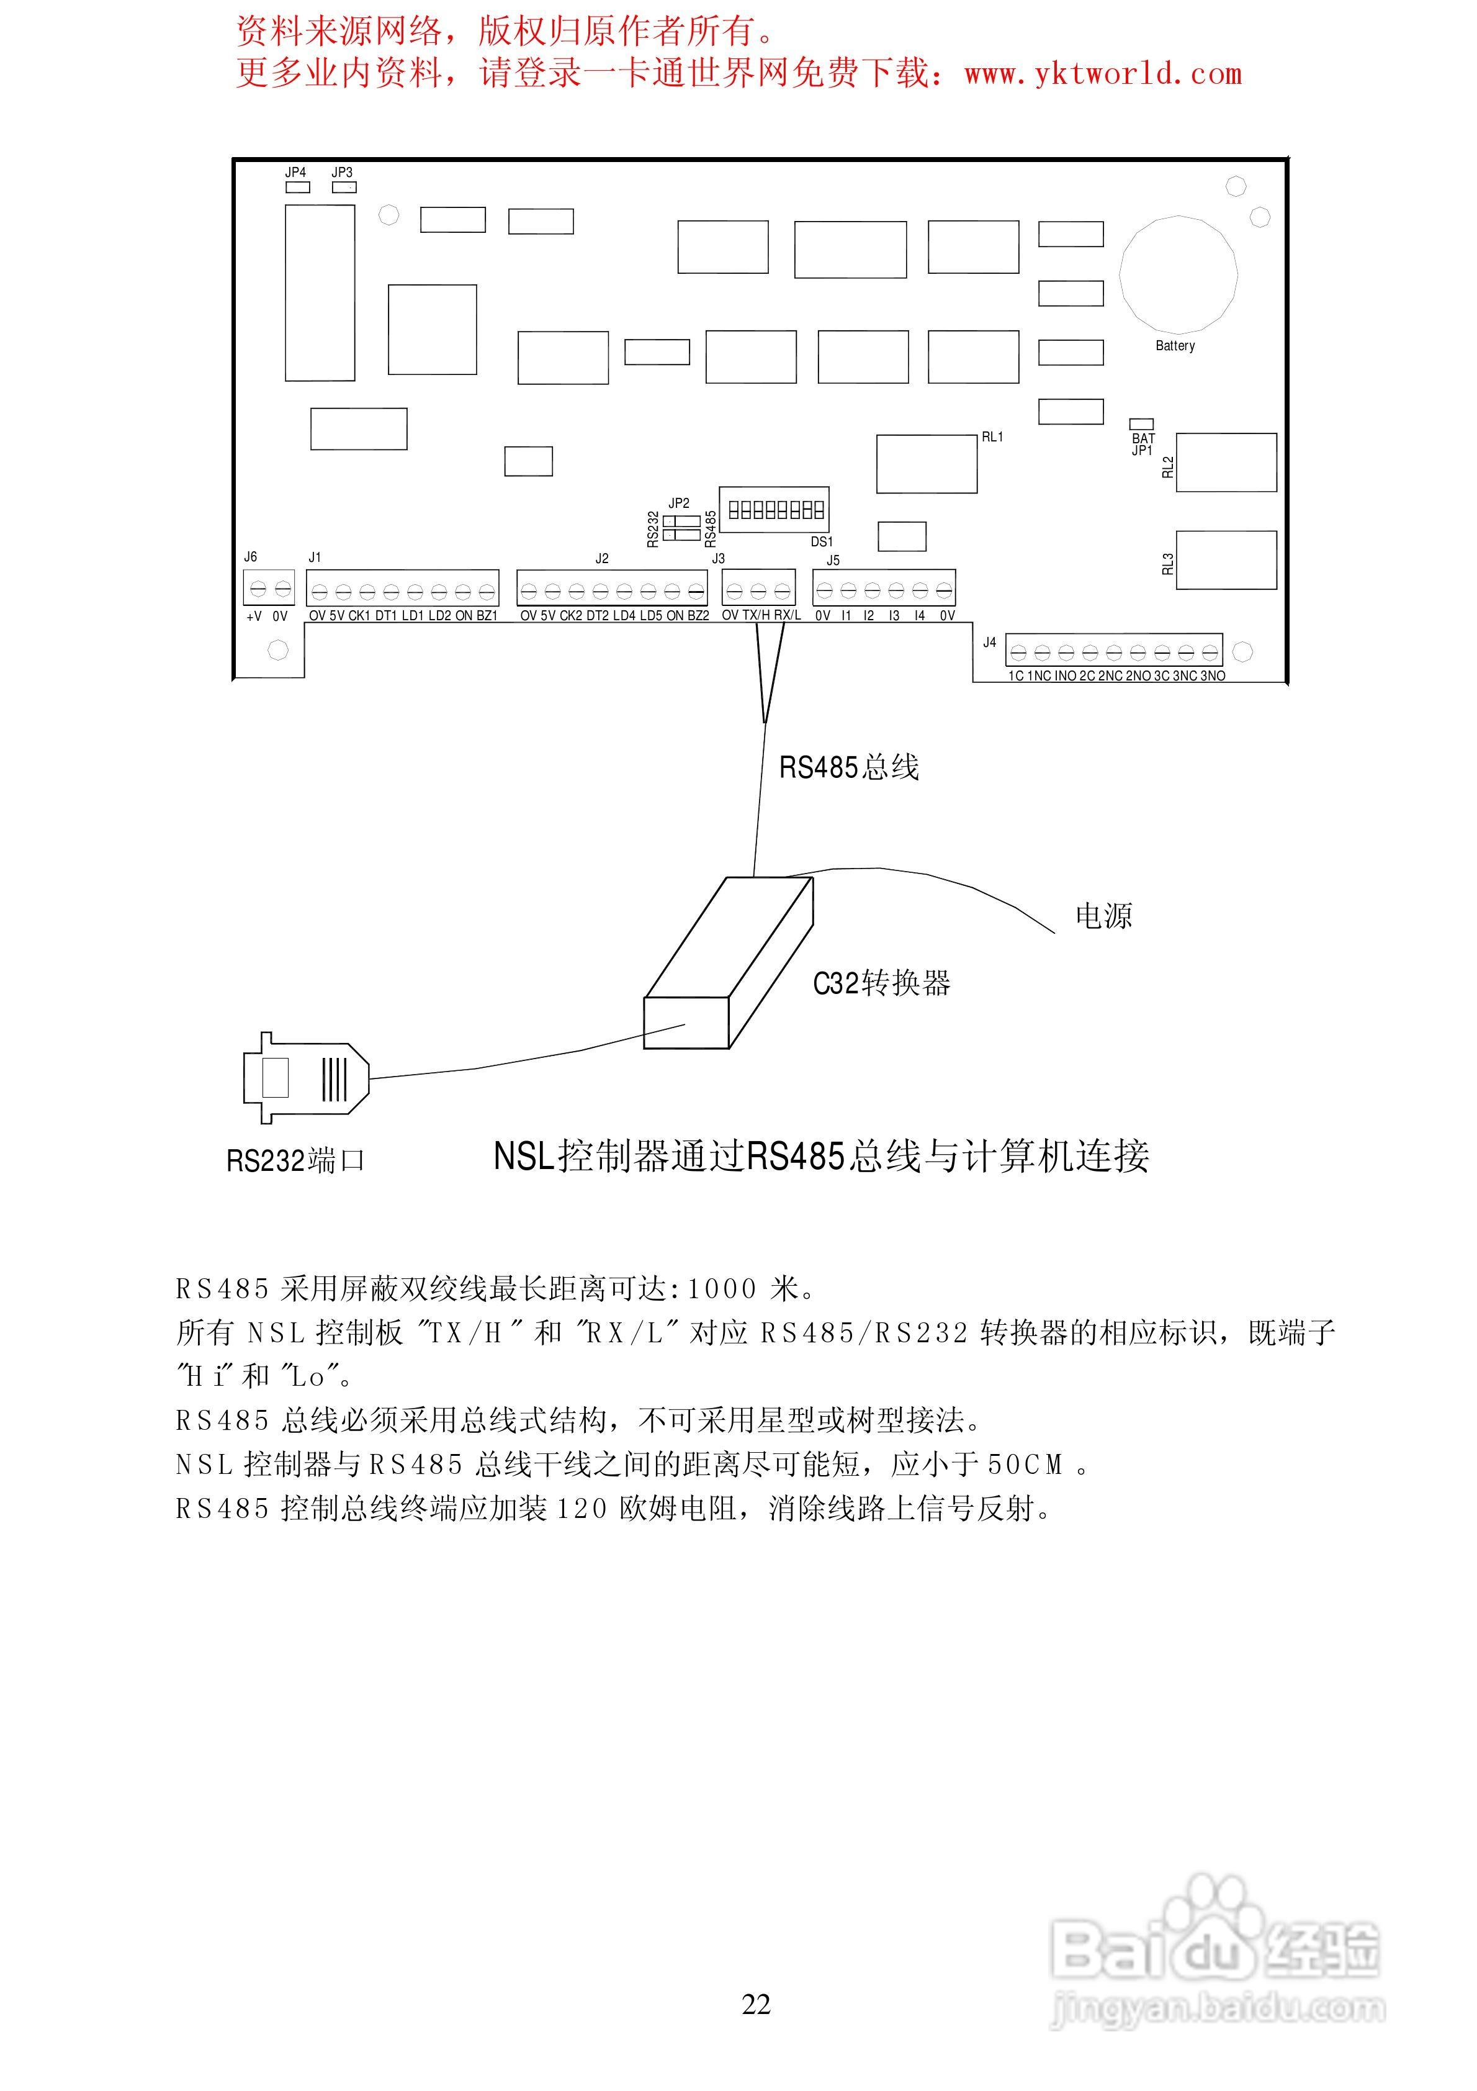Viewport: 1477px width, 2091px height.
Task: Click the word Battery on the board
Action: pyautogui.click(x=1175, y=346)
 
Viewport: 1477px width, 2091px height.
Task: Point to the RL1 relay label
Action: pyautogui.click(x=992, y=437)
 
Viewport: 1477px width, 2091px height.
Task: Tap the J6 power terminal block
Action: pyautogui.click(x=269, y=589)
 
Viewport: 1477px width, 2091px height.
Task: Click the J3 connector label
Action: pyautogui.click(x=719, y=558)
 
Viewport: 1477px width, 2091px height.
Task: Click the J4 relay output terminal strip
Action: pyautogui.click(x=1114, y=652)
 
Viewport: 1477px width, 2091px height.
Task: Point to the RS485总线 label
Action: pyautogui.click(x=849, y=768)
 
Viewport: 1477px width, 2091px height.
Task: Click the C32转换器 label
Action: pyautogui.click(x=881, y=983)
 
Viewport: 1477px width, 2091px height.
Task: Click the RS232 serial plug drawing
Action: pyautogui.click(x=306, y=1078)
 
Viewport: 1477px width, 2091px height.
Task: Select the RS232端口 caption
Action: pyautogui.click(x=295, y=1161)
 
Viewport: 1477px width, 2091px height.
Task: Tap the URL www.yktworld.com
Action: pyautogui.click(x=1103, y=75)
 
